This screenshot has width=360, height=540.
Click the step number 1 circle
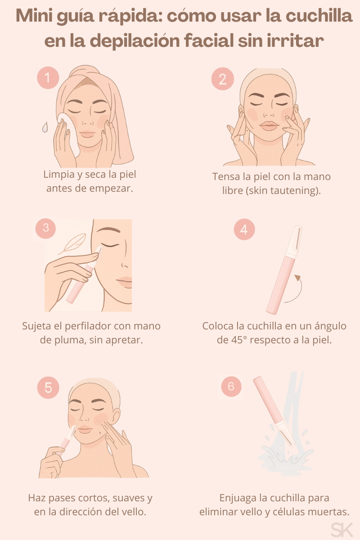(48, 78)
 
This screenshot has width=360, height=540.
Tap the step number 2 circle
(222, 79)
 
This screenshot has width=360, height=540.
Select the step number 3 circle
(45, 228)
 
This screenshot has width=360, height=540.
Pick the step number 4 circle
(244, 229)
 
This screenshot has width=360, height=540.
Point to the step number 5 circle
(48, 387)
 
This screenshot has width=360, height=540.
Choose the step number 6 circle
(231, 387)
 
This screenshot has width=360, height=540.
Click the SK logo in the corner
(342, 529)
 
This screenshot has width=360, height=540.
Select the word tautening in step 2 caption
(294, 190)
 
